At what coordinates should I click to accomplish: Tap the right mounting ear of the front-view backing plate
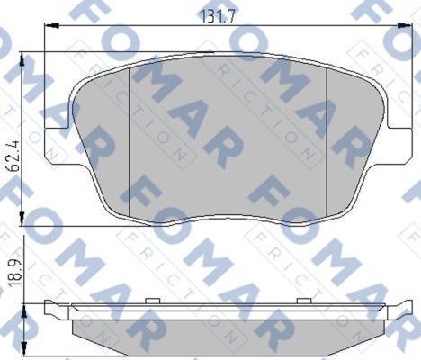392,135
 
